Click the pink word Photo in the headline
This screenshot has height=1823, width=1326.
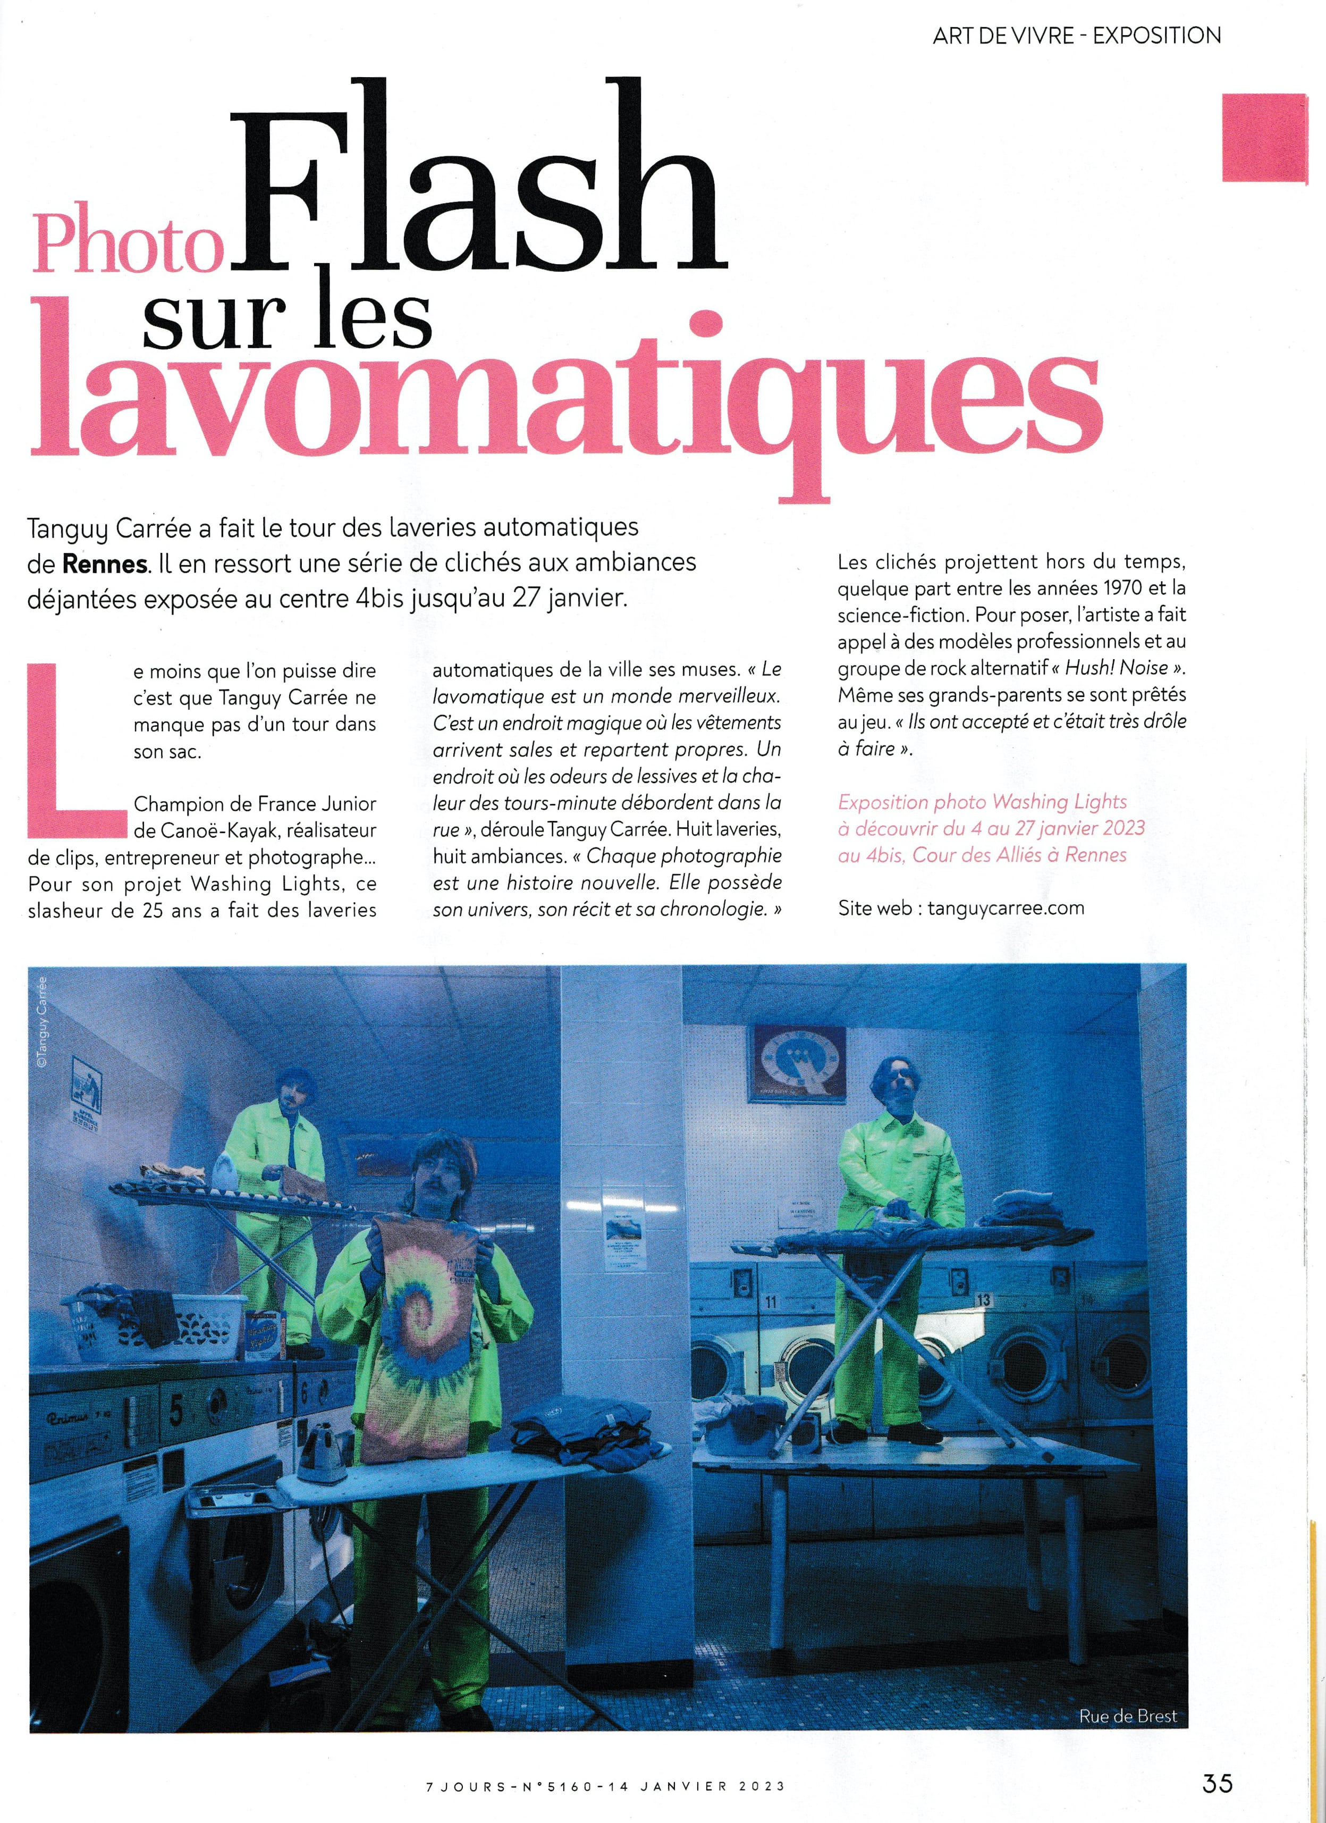pyautogui.click(x=127, y=245)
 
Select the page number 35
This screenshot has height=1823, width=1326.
pyautogui.click(x=1217, y=1760)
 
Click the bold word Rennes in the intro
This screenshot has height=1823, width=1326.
pyautogui.click(x=105, y=564)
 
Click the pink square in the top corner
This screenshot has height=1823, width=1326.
pyautogui.click(x=1264, y=138)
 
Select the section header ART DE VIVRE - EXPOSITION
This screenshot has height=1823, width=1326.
pyautogui.click(x=1076, y=36)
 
